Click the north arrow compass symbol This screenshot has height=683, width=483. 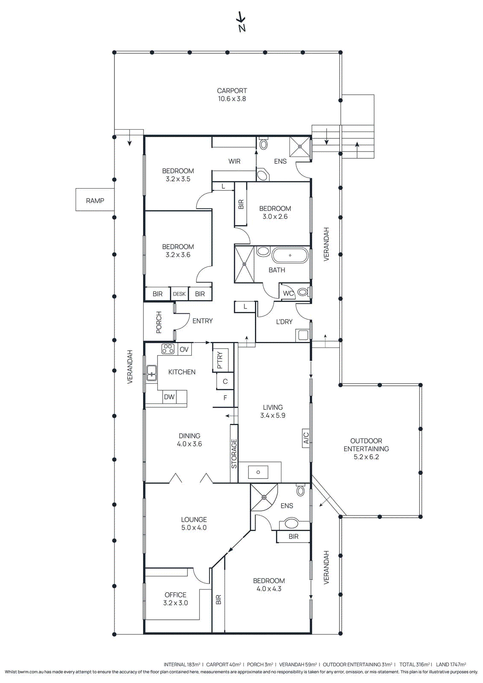pos(241,22)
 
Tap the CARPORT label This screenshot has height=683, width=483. pos(232,91)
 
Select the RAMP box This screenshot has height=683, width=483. pos(95,200)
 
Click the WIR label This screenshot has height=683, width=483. pos(234,161)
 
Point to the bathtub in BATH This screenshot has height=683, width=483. pos(290,256)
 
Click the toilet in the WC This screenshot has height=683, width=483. pos(303,292)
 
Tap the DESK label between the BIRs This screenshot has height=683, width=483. pos(179,294)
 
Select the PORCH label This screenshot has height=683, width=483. pos(159,322)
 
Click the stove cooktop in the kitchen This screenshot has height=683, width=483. pos(168,349)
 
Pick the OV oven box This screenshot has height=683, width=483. pos(184,349)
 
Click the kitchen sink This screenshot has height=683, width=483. pos(152,373)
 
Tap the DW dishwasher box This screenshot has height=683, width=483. pos(170,397)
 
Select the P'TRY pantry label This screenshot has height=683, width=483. pos(220,360)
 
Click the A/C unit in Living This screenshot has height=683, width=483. pos(306,438)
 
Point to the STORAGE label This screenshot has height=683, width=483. pos(234,454)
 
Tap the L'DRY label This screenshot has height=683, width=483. pos(284,322)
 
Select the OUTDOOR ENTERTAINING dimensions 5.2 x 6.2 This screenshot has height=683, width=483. pos(366,457)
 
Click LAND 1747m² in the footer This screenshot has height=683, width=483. pos(451,665)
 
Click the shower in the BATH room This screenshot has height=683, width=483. pos(245,264)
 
